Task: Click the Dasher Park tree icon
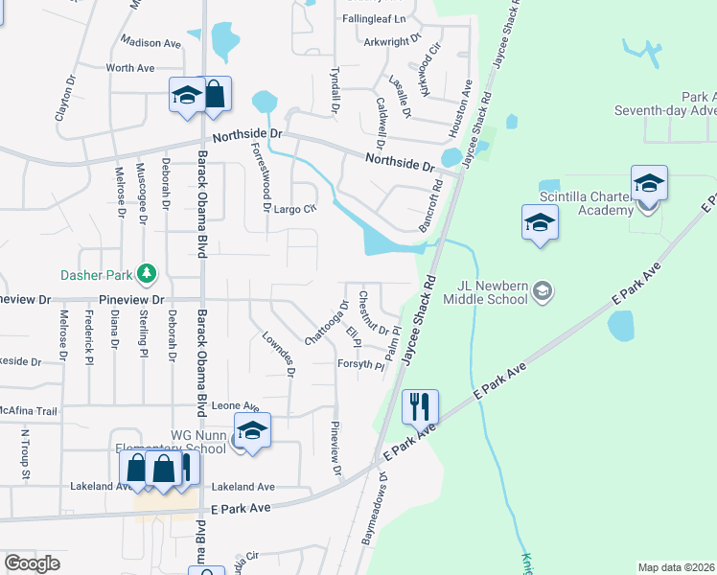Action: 147,275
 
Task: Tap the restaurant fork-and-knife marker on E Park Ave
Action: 418,405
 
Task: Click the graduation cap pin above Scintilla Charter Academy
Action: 649,181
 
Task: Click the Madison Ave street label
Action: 150,43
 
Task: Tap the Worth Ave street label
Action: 130,68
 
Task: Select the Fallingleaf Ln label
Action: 374,19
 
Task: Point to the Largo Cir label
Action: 294,208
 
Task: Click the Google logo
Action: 32,563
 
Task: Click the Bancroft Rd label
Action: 428,205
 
